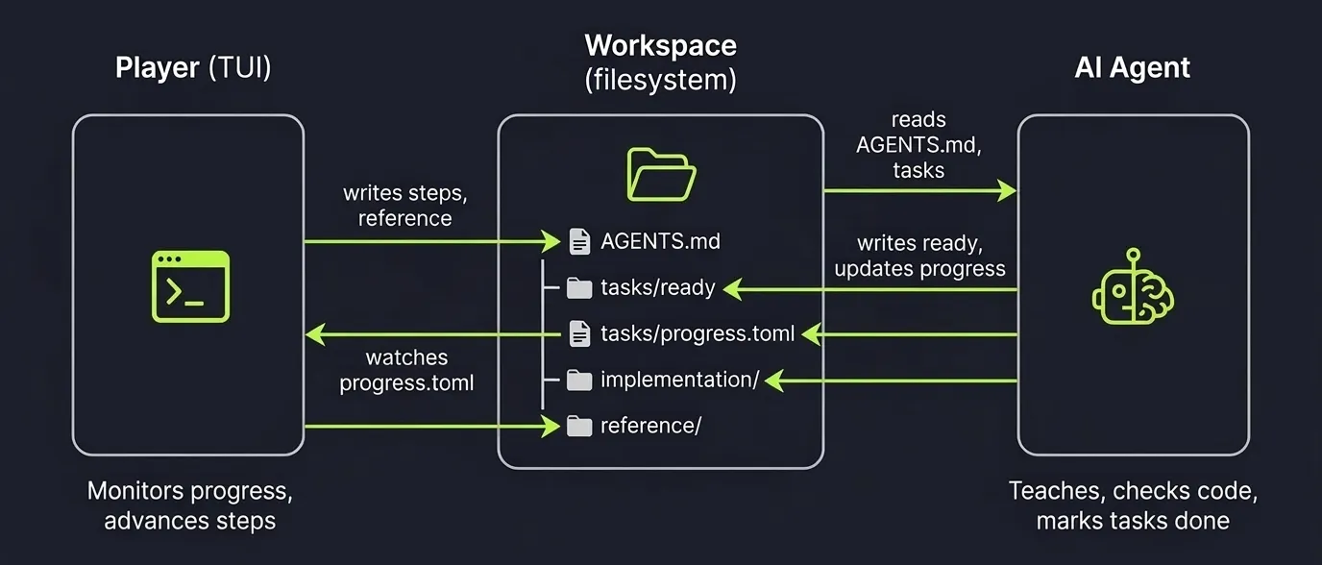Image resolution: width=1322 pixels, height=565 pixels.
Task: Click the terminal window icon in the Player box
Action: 190,286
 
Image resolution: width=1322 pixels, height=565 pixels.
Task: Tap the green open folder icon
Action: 661,174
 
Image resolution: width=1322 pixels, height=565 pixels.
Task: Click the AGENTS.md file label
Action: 660,241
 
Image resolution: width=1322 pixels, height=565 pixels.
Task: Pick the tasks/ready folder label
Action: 657,286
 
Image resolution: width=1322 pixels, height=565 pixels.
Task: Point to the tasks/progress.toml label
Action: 698,333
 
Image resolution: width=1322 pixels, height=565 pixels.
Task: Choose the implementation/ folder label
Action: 679,380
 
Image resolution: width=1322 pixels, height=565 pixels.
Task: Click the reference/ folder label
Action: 650,425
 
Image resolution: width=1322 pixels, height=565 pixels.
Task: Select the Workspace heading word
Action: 660,45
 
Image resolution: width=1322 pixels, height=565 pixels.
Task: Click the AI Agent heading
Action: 1132,68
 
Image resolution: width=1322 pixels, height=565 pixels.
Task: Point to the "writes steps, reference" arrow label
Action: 404,206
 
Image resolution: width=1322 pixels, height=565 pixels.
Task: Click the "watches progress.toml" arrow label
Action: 406,370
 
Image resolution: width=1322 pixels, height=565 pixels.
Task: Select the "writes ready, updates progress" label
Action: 919,256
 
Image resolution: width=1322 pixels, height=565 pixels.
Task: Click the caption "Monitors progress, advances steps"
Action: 189,505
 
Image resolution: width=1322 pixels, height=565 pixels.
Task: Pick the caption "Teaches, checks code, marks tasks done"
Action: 1133,505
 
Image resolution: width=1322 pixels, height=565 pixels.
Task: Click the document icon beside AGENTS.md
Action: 579,241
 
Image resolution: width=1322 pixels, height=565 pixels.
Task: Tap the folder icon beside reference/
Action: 578,426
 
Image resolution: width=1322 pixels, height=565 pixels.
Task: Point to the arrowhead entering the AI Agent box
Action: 1007,191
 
